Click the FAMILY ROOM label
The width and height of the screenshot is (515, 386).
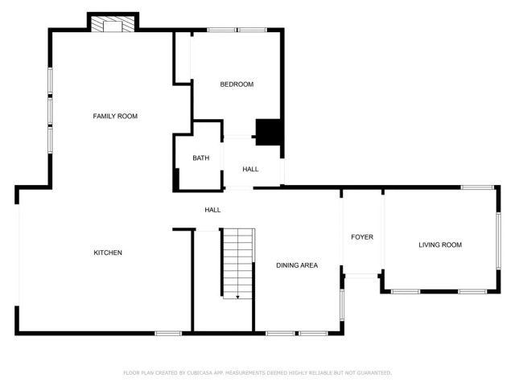point(115,117)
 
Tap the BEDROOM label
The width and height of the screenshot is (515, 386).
point(237,84)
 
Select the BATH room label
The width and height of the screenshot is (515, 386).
point(200,158)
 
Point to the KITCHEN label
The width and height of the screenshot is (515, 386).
point(108,253)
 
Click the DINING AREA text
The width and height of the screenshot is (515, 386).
point(296,265)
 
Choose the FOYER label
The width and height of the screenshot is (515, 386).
point(362,237)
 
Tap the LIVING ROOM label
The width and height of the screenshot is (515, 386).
point(440,245)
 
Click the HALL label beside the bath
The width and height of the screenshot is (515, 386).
point(250,170)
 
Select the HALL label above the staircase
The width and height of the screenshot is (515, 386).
point(212,210)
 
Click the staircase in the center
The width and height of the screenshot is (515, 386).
point(238,261)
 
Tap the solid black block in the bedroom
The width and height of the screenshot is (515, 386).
point(269,131)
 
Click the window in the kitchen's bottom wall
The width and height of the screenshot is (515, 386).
point(167,333)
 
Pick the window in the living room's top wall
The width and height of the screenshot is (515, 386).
point(477,187)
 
